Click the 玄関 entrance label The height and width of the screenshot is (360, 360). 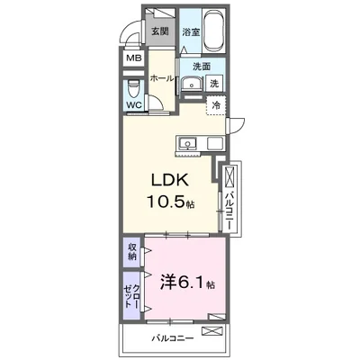pos(159,31)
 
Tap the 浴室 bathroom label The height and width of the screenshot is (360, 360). pos(190,31)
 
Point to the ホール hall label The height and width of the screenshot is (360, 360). pos(161,79)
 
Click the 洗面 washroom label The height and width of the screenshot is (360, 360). pos(200,66)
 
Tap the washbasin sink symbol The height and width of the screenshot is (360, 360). pos(190,85)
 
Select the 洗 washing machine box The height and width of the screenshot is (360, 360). pos(214,84)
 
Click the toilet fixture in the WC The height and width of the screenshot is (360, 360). pos(133,89)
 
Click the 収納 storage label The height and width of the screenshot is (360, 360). pos(132,251)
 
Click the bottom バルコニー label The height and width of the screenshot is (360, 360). pos(168,339)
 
